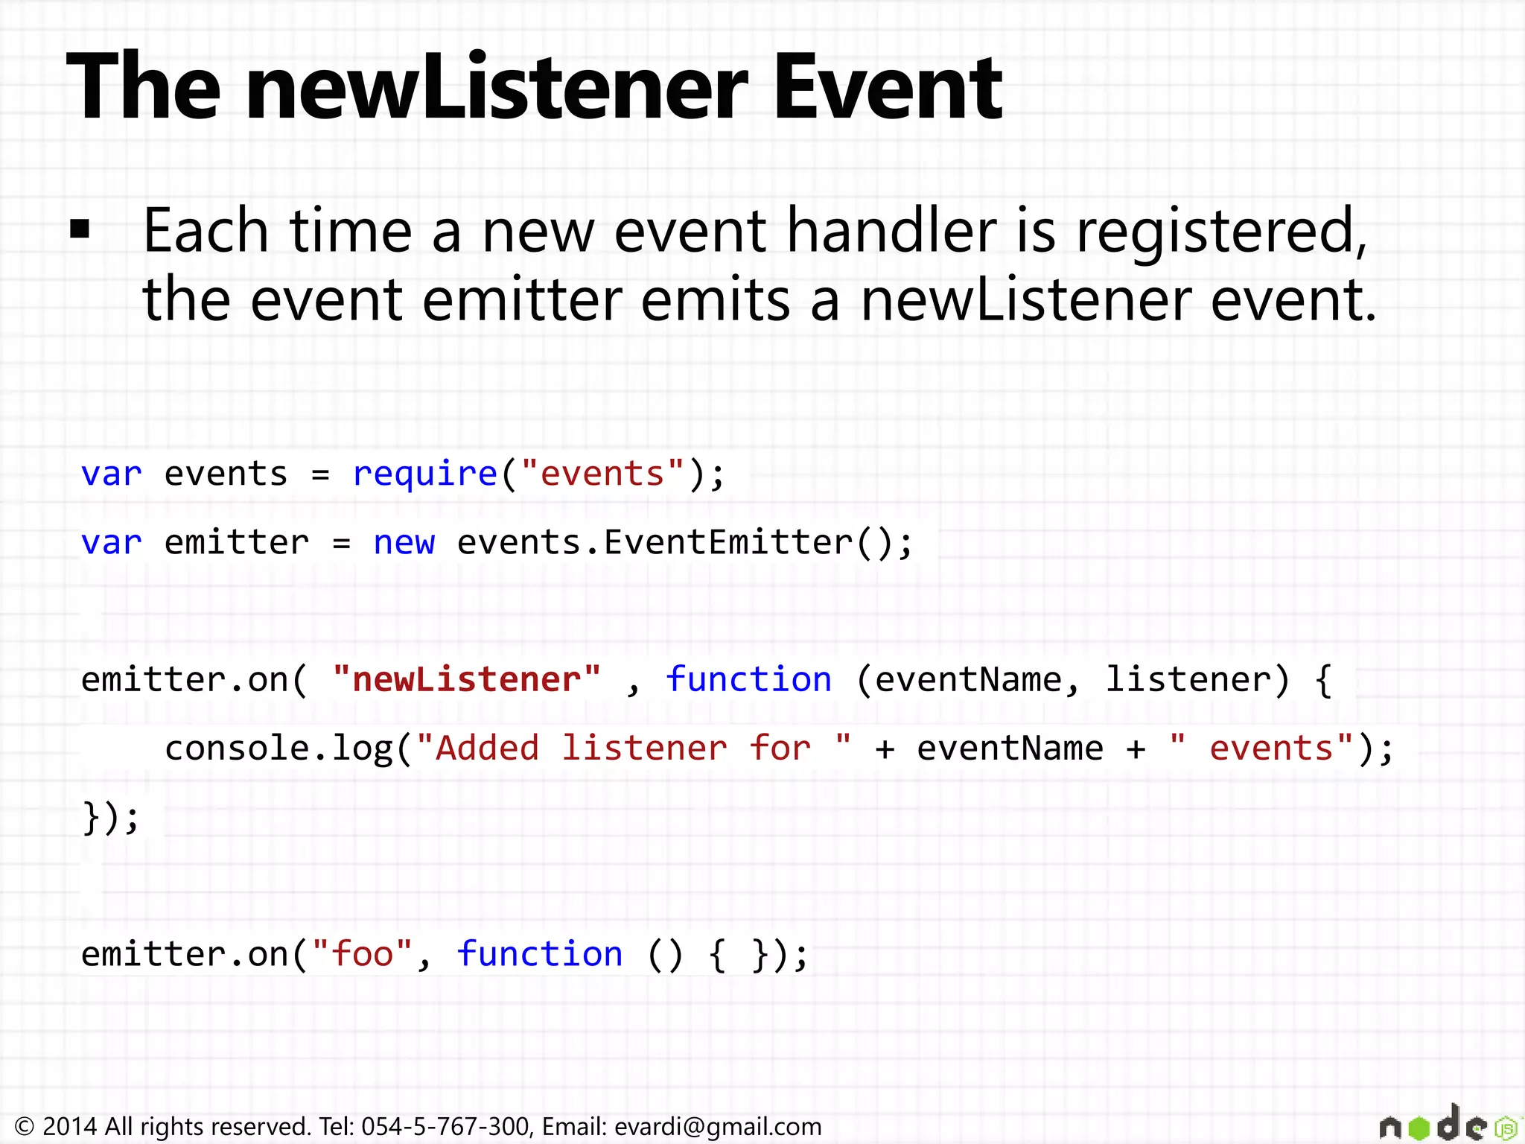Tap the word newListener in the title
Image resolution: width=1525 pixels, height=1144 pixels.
pyautogui.click(x=497, y=87)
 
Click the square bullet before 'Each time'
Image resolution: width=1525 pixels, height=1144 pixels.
pyautogui.click(x=80, y=229)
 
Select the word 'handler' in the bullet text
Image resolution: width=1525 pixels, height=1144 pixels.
pyautogui.click(x=892, y=231)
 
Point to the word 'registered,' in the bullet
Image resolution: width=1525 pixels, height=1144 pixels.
pyautogui.click(x=1221, y=232)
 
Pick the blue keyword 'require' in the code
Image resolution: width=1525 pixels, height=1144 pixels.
pyautogui.click(x=424, y=474)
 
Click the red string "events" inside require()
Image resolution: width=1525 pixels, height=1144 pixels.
pyautogui.click(x=602, y=474)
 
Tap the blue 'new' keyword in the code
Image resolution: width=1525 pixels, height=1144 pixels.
pyautogui.click(x=404, y=542)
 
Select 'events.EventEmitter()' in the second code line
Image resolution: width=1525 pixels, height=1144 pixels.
pyautogui.click(x=684, y=542)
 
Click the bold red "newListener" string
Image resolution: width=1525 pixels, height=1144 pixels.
pyautogui.click(x=466, y=679)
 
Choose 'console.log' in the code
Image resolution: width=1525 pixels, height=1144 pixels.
pyautogui.click(x=278, y=749)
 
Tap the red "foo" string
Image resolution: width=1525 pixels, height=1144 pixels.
pyautogui.click(x=362, y=954)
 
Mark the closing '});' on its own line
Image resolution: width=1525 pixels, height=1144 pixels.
pyautogui.click(x=110, y=817)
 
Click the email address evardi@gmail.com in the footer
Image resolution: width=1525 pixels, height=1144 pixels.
pyautogui.click(x=718, y=1126)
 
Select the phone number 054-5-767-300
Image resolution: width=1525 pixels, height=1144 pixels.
pyautogui.click(x=445, y=1126)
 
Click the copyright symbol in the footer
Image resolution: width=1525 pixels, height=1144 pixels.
pyautogui.click(x=25, y=1126)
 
